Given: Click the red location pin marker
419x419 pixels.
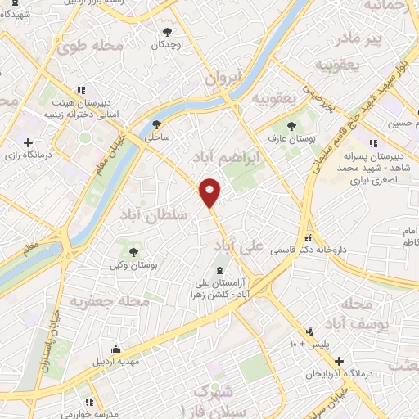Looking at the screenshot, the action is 211,191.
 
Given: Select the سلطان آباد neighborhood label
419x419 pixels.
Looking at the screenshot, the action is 154,214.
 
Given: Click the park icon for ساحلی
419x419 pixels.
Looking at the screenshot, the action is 157,124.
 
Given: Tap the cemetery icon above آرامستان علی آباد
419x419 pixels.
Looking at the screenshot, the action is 219,270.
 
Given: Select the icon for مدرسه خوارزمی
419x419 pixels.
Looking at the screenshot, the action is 89,402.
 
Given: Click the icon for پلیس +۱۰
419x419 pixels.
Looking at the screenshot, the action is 309,331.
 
